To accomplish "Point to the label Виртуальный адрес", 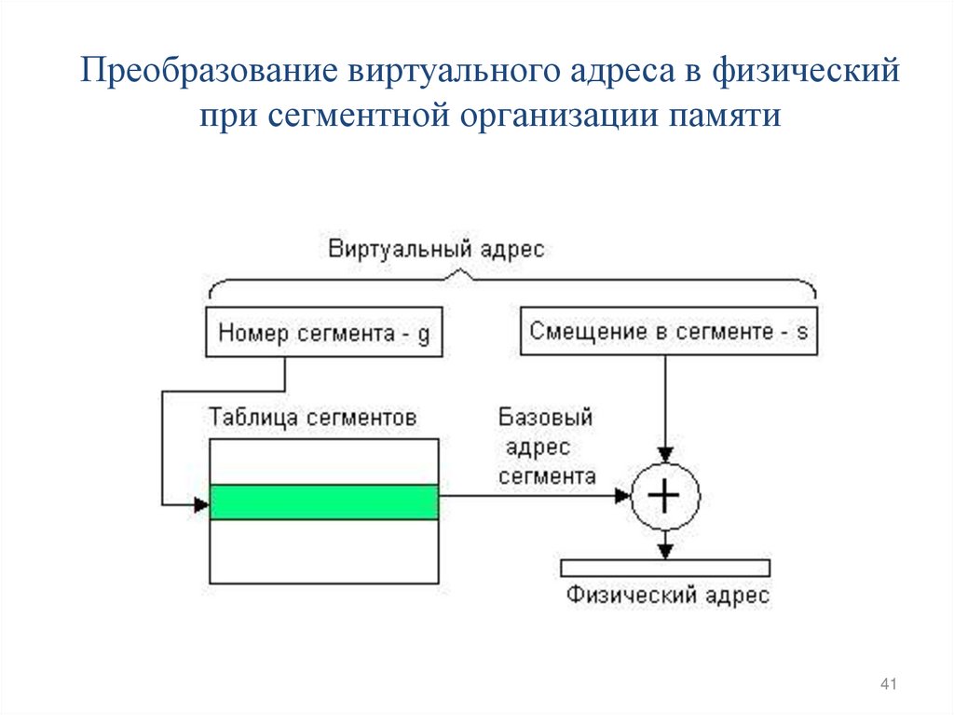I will (x=436, y=249).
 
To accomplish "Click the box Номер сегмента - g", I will (x=323, y=334).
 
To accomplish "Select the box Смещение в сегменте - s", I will (x=668, y=331).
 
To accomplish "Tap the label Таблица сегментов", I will (x=312, y=417).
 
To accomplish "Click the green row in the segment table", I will (x=323, y=502).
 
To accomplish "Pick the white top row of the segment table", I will (x=323, y=461).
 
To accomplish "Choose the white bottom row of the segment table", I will (x=323, y=551).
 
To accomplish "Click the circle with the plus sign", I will (x=664, y=496).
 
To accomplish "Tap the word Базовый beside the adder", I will (x=545, y=417).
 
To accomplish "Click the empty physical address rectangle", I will (x=665, y=568).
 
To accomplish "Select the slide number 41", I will (x=887, y=686).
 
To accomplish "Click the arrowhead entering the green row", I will (x=200, y=504).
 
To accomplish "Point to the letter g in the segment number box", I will (x=424, y=336).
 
